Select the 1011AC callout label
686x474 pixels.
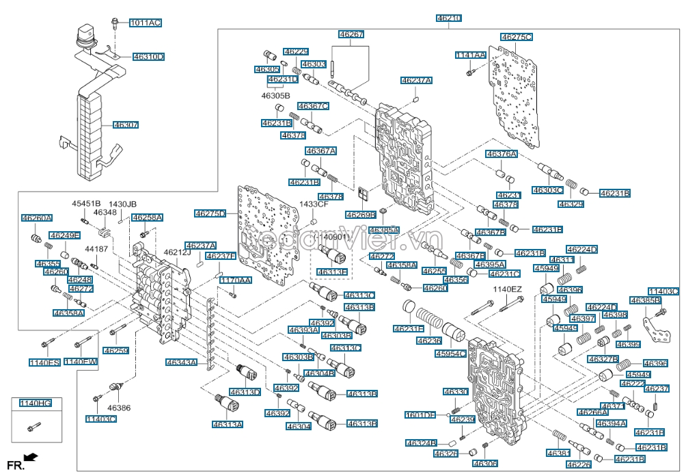pos(146,23)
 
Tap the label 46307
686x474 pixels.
pos(126,125)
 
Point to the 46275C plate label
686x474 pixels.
pos(516,36)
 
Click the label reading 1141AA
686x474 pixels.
pos(471,55)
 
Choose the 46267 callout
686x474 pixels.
pos(351,34)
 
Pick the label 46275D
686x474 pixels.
pos(210,213)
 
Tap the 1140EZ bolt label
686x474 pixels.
pos(507,290)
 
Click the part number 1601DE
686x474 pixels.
pos(420,414)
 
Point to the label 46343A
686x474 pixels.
pos(180,363)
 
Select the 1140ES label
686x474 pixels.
pos(44,362)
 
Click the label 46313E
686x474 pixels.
pos(332,272)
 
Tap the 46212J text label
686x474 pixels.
pos(177,252)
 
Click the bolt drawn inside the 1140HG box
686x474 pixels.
pos(31,428)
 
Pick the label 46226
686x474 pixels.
pos(578,464)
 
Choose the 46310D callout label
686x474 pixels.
pos(148,57)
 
